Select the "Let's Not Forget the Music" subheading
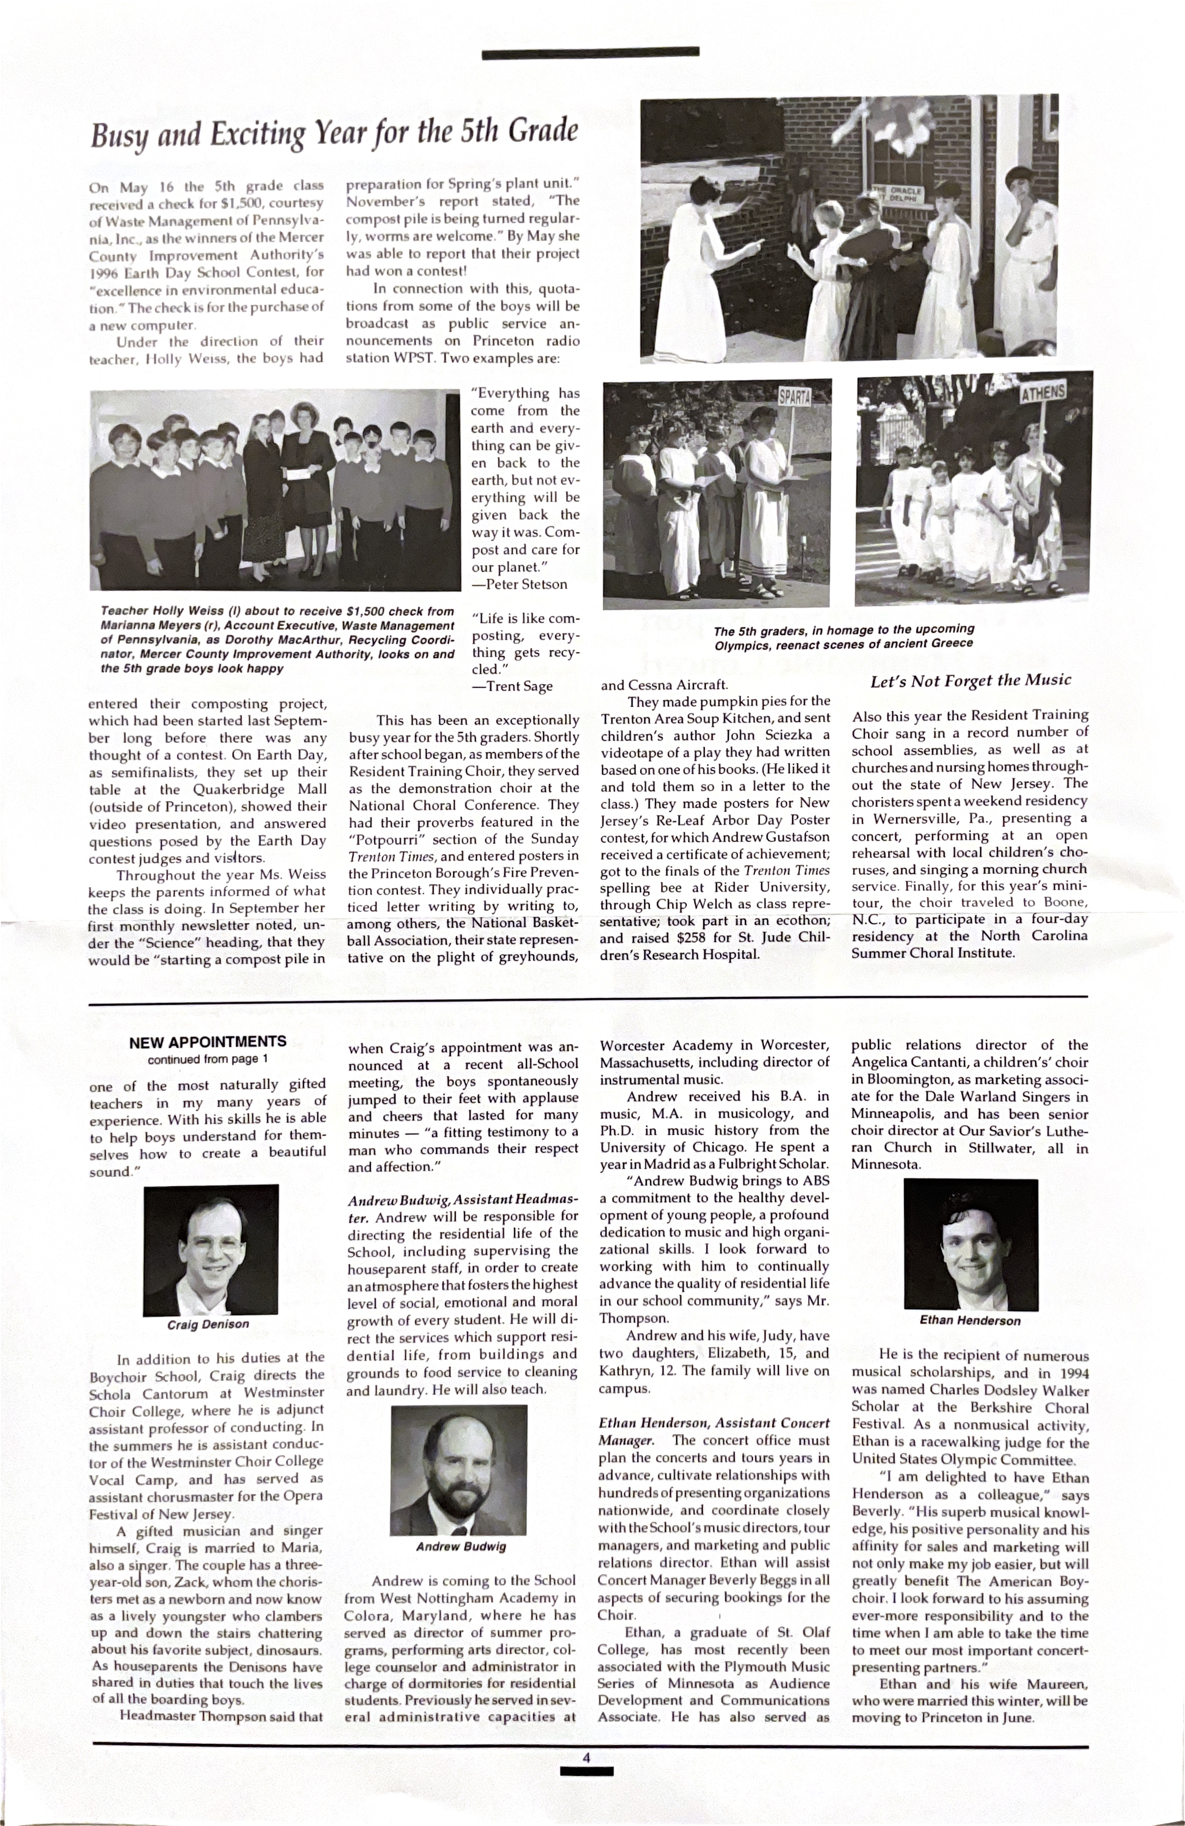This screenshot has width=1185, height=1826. [x=970, y=680]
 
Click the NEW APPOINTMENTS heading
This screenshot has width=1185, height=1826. [x=207, y=1042]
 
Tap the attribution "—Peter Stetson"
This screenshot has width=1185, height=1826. [x=520, y=585]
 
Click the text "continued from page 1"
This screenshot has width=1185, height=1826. [x=207, y=1060]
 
